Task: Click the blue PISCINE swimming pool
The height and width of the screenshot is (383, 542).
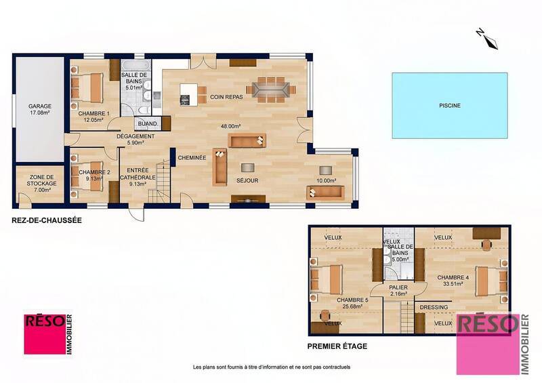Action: pyautogui.click(x=449, y=105)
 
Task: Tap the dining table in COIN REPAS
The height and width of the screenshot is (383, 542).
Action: pyautogui.click(x=270, y=87)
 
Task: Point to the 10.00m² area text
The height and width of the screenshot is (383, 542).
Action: pyautogui.click(x=326, y=180)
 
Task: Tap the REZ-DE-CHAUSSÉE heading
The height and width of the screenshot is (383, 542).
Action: pyautogui.click(x=43, y=220)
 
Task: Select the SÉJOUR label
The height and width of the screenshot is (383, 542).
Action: pyautogui.click(x=246, y=181)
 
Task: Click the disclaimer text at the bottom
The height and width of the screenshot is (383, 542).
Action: pyautogui.click(x=271, y=367)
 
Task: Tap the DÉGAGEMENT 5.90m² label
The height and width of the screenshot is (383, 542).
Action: pyautogui.click(x=135, y=139)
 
